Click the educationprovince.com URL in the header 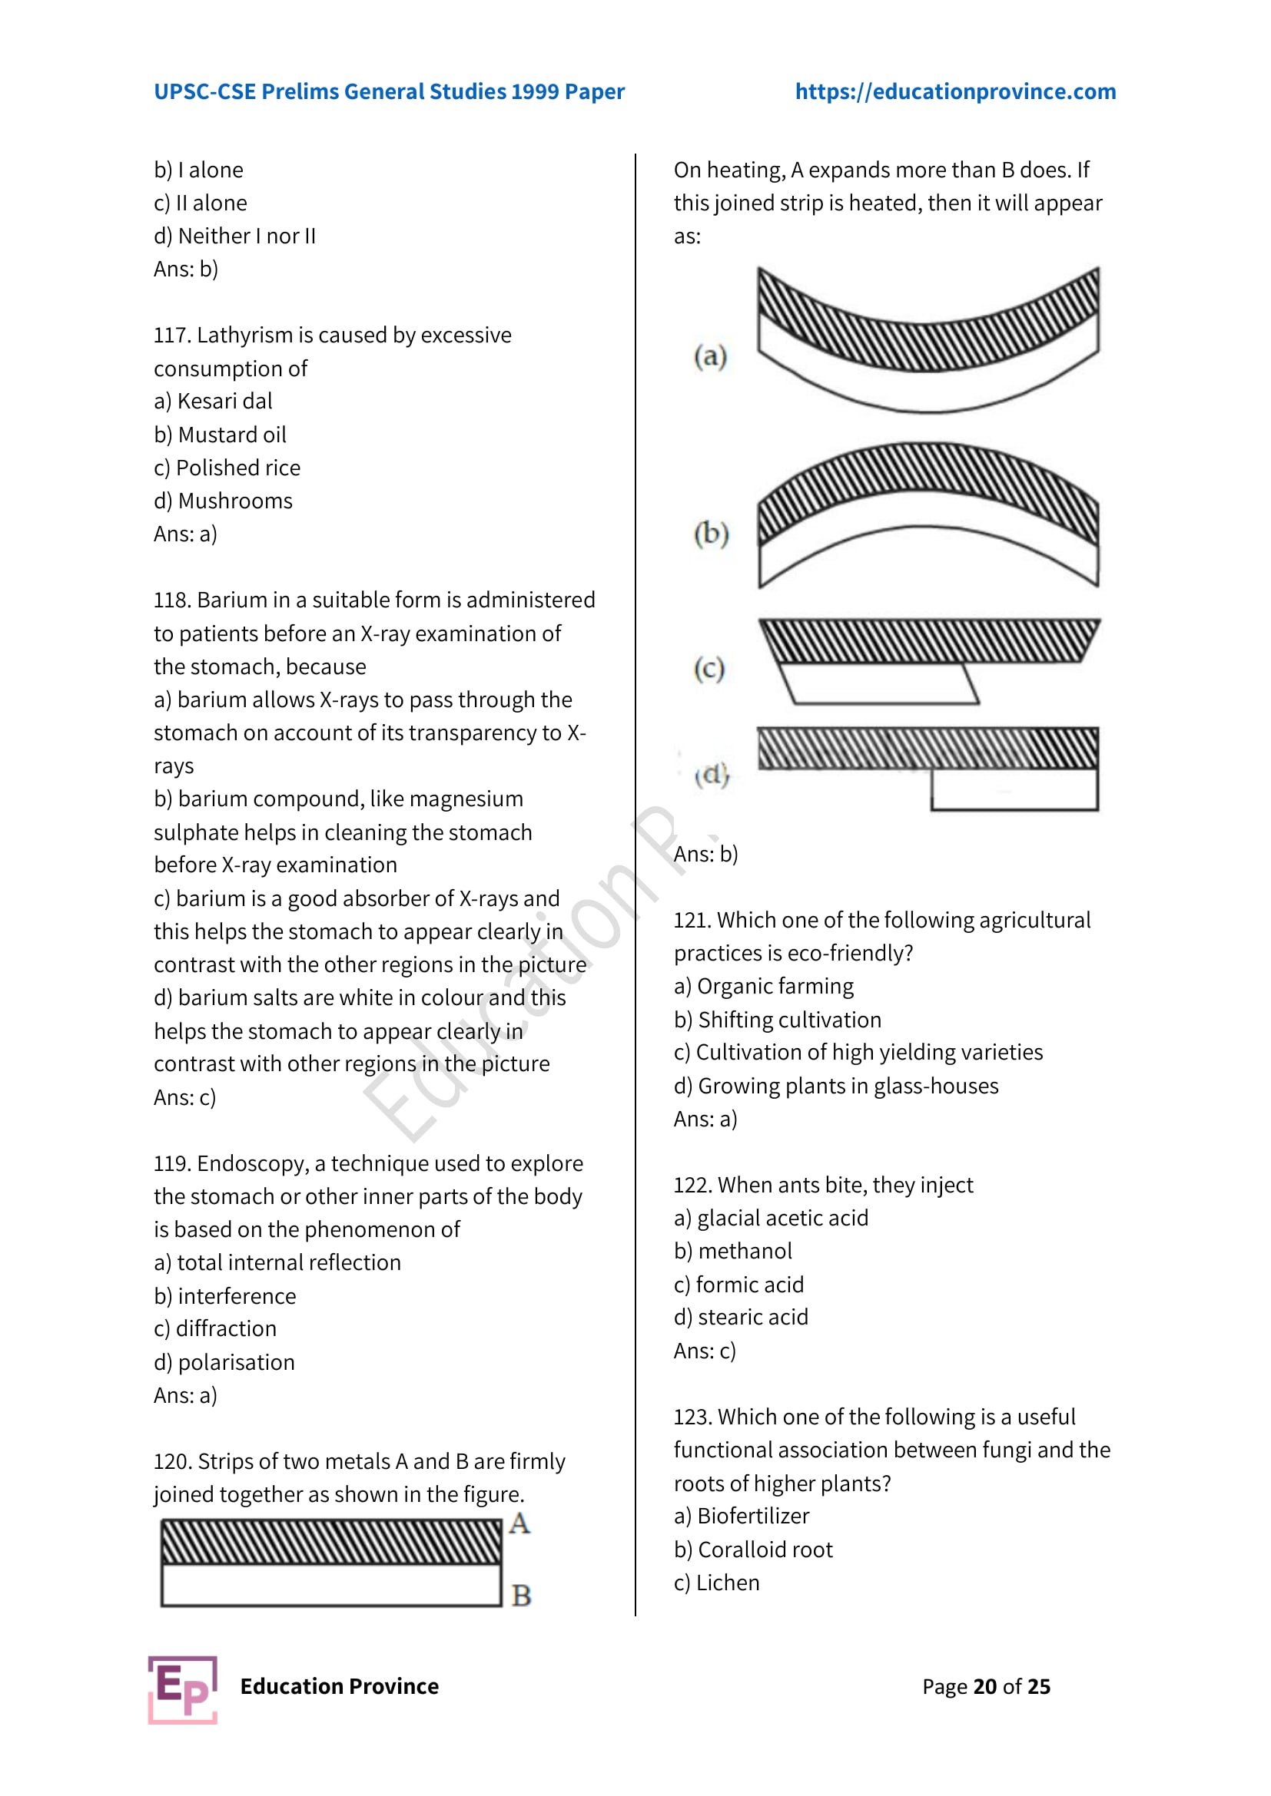click(955, 91)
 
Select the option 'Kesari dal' click(224, 402)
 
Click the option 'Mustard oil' click(231, 435)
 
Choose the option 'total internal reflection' click(288, 1262)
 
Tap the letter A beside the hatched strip click(519, 1523)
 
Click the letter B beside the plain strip click(520, 1595)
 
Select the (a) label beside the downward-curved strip click(710, 357)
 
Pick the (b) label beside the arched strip click(711, 534)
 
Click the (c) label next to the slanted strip click(709, 669)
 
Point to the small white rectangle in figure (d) click(1014, 789)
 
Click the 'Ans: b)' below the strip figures click(705, 854)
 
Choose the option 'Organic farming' click(775, 987)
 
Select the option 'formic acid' click(749, 1285)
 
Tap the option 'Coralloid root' click(765, 1550)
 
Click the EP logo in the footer click(182, 1689)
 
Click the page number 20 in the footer click(984, 1686)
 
